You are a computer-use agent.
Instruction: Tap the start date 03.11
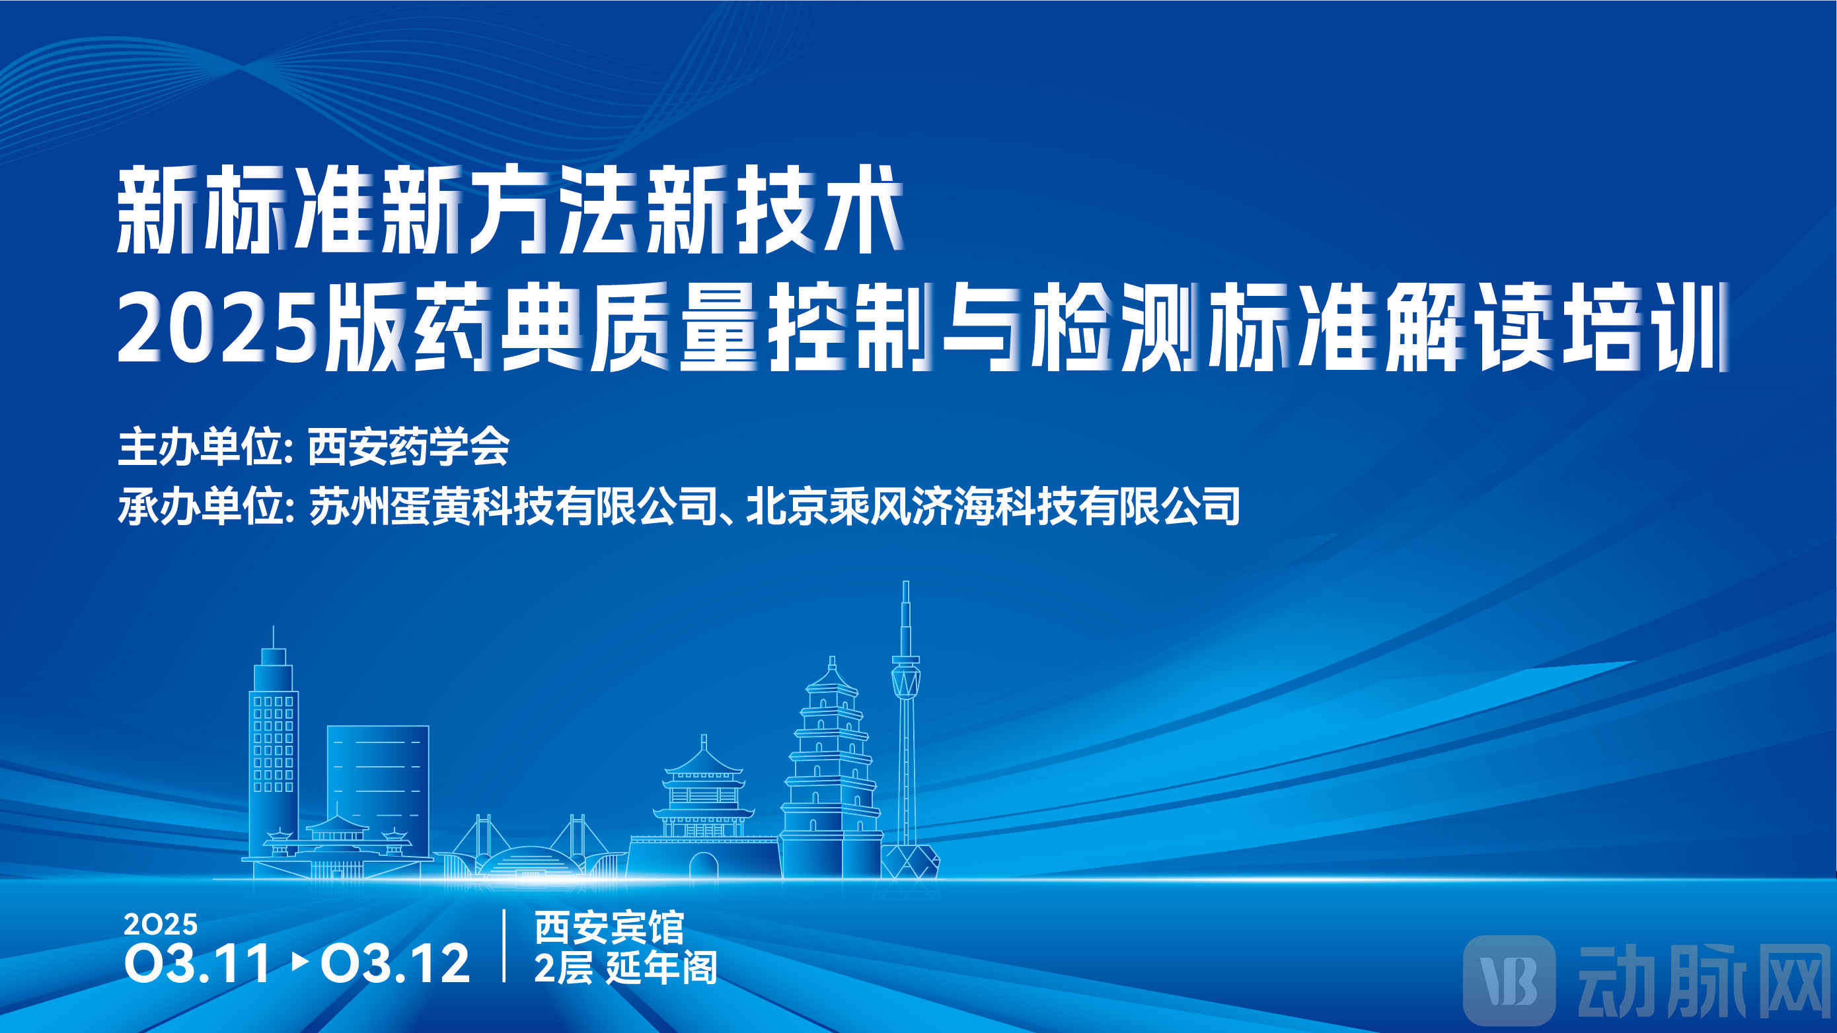click(x=198, y=962)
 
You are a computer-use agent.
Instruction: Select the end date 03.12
click(x=394, y=962)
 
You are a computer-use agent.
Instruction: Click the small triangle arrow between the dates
click(x=300, y=962)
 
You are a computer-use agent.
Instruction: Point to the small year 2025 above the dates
click(x=161, y=925)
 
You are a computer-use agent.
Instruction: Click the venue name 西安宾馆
click(x=609, y=927)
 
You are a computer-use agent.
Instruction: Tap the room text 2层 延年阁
click(x=625, y=968)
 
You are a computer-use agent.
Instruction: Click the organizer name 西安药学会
click(x=408, y=447)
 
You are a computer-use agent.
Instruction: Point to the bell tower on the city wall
click(x=704, y=788)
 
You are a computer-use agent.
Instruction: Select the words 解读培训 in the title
click(x=1556, y=328)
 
